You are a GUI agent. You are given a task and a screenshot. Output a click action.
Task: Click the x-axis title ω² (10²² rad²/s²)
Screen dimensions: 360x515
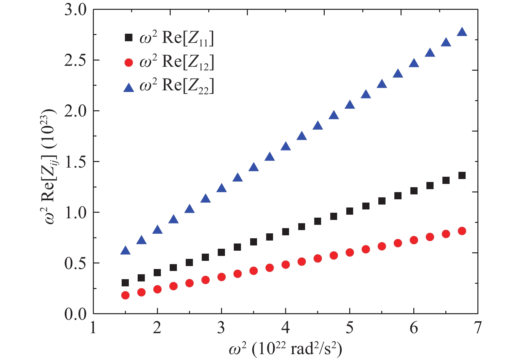[285, 349]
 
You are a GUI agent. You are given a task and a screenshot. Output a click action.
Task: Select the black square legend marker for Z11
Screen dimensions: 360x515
[129, 38]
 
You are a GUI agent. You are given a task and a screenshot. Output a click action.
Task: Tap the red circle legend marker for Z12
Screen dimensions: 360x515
[129, 63]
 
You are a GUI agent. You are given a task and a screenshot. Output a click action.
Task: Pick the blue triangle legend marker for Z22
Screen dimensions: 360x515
[129, 87]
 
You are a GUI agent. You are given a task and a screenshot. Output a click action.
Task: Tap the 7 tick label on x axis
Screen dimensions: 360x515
[478, 328]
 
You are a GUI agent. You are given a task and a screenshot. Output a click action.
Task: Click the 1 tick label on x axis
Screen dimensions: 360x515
[94, 328]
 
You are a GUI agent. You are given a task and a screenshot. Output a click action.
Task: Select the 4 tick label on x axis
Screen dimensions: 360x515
[285, 328]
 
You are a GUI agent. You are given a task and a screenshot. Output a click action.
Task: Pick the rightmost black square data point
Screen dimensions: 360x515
[462, 175]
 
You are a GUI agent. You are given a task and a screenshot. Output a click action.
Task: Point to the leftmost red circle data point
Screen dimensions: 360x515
[125, 295]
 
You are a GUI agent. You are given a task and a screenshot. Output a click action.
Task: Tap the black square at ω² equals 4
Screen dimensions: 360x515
[285, 232]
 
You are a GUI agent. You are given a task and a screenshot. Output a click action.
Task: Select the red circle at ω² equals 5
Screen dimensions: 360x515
[350, 252]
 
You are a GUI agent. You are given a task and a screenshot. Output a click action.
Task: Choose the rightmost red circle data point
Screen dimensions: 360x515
[462, 231]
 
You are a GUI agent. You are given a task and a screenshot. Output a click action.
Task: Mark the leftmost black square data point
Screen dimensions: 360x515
[125, 283]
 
